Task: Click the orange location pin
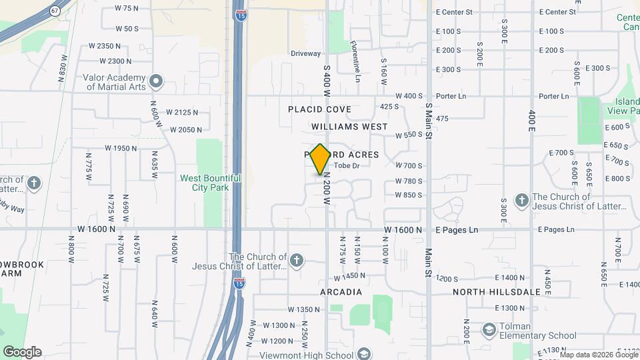pos(321,159)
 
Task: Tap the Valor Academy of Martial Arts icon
pos(156,82)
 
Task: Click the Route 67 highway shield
pos(55,11)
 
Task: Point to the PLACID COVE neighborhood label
pos(319,109)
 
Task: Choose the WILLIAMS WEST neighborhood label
pos(349,126)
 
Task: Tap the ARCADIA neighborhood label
pos(341,292)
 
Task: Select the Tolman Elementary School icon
pos(489,330)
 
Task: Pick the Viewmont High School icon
pos(364,353)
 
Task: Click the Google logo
pos(22,352)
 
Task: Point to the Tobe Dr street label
pos(347,165)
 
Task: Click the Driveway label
pos(306,53)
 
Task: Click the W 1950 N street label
pos(121,148)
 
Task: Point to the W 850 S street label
pos(409,195)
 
